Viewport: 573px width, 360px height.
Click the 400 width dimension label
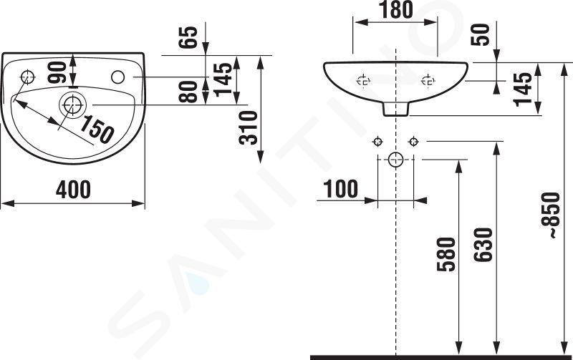pos(73,190)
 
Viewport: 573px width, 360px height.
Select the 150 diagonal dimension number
pos(97,130)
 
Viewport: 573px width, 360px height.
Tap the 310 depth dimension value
pos(249,128)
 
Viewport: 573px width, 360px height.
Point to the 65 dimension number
pos(188,37)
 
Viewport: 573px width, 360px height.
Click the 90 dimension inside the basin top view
pos(57,72)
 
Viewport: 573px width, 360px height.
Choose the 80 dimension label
pos(188,92)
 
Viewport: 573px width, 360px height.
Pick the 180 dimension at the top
pos(396,10)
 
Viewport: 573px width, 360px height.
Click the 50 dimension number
pos(480,34)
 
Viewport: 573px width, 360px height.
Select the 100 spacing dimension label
pos(341,189)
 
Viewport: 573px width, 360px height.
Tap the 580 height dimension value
pos(446,254)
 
